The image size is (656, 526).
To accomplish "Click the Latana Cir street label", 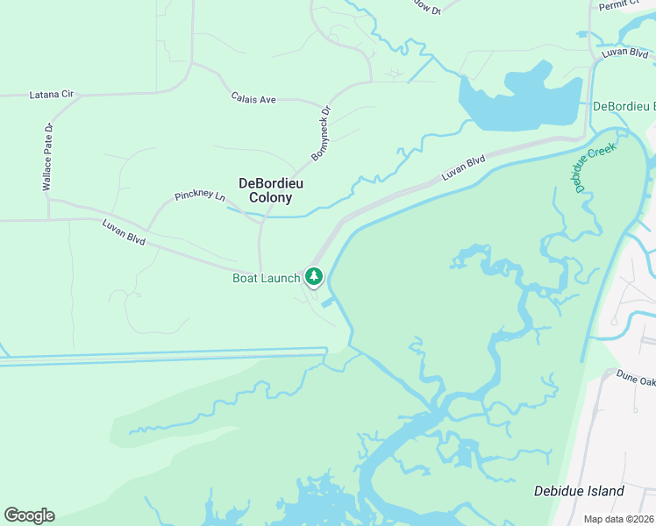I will click(x=51, y=94).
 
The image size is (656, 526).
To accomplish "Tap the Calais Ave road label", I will click(x=253, y=99).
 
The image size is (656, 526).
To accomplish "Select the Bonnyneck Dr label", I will click(x=320, y=133).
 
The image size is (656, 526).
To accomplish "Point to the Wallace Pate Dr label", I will click(x=48, y=157).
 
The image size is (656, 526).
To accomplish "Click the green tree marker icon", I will click(x=314, y=277).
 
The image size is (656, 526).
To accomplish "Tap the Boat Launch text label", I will click(x=266, y=278).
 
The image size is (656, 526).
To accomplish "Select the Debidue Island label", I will click(x=579, y=491).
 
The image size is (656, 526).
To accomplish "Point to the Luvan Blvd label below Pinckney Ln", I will click(x=123, y=231).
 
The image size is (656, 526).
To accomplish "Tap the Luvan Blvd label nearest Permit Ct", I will click(x=626, y=53).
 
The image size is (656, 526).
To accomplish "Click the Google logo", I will click(x=29, y=515).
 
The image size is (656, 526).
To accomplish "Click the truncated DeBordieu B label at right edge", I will click(x=624, y=106).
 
